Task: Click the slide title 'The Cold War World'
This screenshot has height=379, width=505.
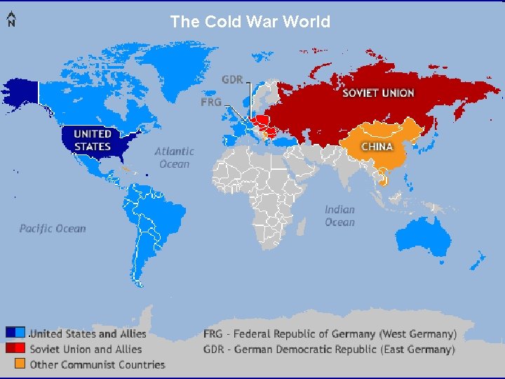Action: [250, 22]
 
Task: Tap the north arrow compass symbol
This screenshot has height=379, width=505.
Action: [11, 20]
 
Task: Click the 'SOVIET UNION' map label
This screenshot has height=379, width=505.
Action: [378, 93]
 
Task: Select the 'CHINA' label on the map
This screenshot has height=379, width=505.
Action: [377, 146]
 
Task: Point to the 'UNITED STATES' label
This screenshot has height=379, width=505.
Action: [93, 140]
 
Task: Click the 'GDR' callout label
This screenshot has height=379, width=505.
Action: [233, 79]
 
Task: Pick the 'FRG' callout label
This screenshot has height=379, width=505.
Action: [211, 102]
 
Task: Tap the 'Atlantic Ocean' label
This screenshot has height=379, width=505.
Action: [174, 157]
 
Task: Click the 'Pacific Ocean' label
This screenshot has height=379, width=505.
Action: [53, 228]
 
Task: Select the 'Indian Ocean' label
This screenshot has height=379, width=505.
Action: [339, 215]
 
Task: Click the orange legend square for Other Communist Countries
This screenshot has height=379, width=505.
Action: [20, 364]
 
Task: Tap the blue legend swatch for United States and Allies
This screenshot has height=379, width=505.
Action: [15, 333]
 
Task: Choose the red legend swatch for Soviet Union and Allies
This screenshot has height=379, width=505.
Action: [15, 348]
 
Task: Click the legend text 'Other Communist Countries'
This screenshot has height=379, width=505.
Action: [97, 364]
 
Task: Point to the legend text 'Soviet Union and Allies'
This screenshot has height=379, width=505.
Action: [86, 349]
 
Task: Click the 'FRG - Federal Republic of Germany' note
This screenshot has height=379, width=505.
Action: [330, 334]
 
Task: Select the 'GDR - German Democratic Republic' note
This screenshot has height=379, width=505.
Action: [329, 349]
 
